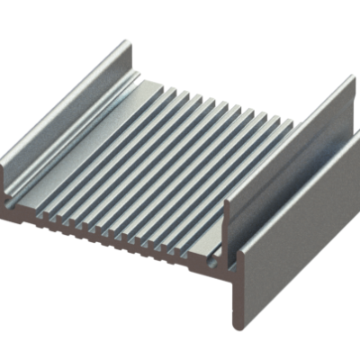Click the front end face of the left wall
coord(9,184)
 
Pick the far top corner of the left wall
coord(126,40)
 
